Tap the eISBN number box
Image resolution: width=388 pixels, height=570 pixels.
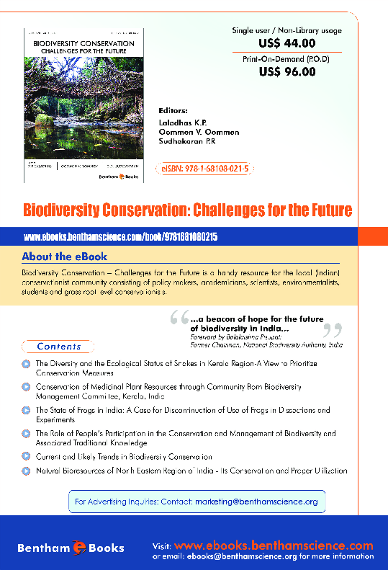click(x=205, y=169)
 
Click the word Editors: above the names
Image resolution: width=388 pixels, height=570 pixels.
click(x=172, y=112)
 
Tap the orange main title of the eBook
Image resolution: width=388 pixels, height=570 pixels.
click(x=187, y=210)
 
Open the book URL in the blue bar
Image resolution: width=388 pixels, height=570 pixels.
click(x=120, y=237)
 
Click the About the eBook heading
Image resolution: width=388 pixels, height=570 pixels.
click(x=64, y=257)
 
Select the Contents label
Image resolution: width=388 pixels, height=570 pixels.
click(x=59, y=346)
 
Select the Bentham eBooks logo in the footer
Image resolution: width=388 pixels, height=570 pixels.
click(x=71, y=548)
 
